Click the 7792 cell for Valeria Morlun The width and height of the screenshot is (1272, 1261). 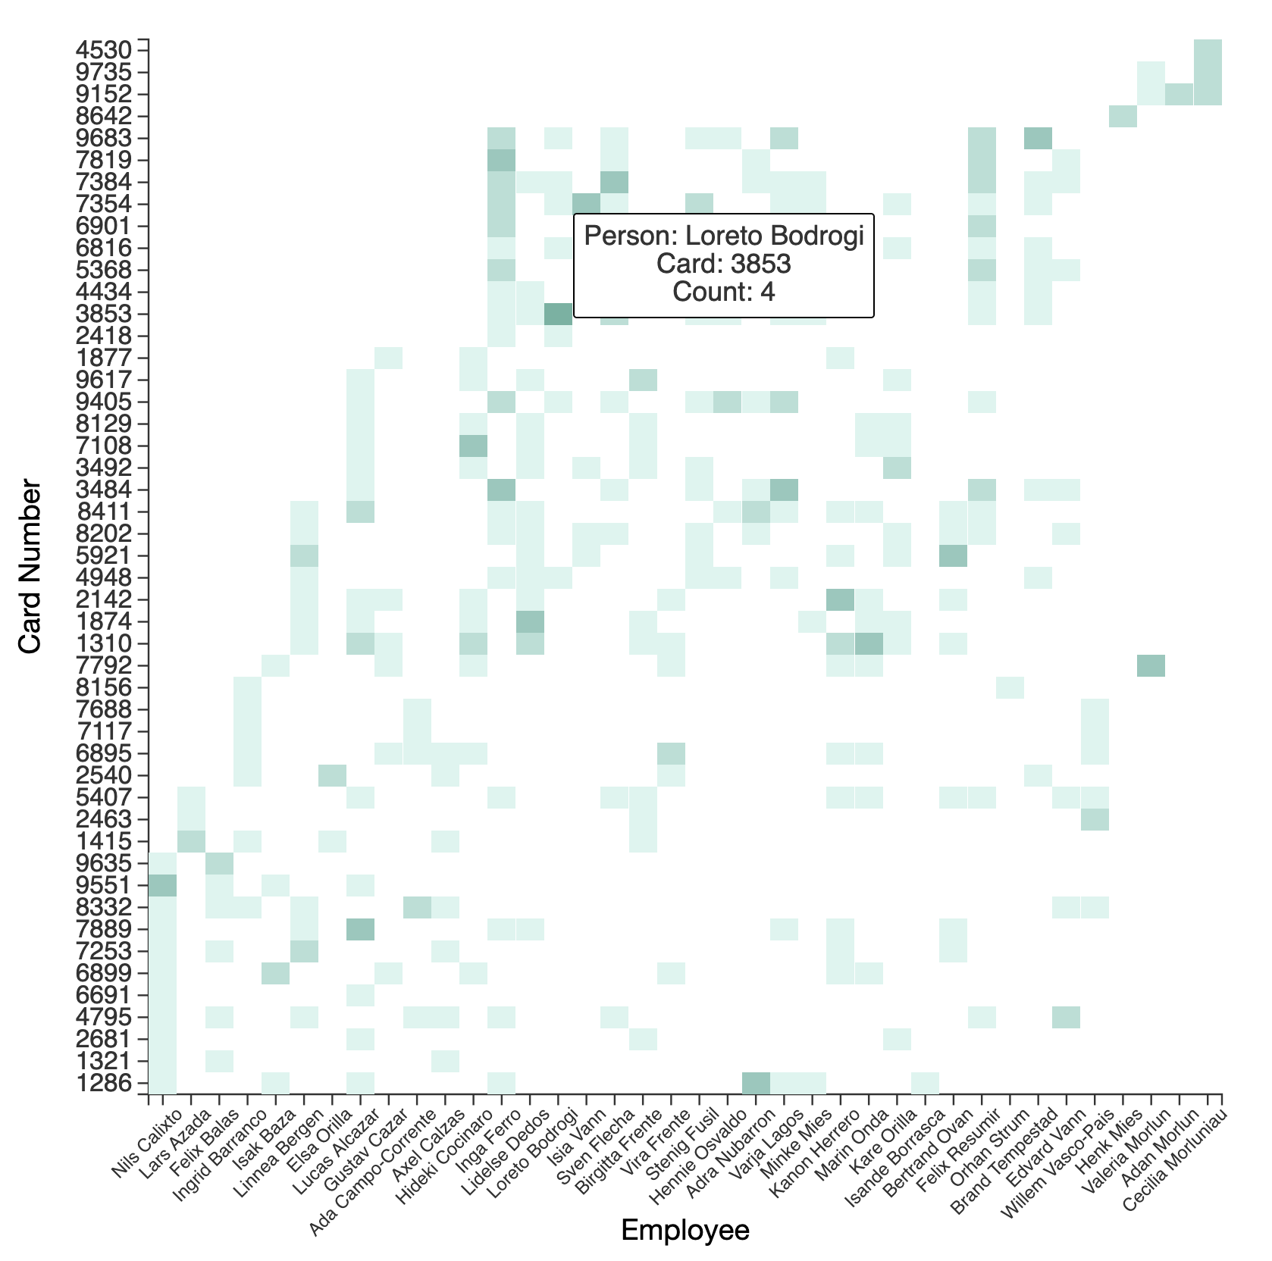pyautogui.click(x=1151, y=665)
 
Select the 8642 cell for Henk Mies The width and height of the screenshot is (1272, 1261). pyautogui.click(x=1123, y=116)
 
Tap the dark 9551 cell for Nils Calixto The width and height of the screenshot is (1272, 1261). pyautogui.click(x=162, y=885)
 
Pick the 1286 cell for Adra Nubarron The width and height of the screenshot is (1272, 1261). pyautogui.click(x=756, y=1083)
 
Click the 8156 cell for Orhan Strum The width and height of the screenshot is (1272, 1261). pyautogui.click(x=1010, y=687)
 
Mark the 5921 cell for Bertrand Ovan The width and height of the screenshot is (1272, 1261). pyautogui.click(x=954, y=555)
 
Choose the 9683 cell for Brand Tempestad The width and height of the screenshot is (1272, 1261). pyautogui.click(x=1038, y=138)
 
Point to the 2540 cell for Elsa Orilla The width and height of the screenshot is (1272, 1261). pyautogui.click(x=332, y=775)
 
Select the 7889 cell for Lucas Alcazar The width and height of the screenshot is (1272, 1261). pyautogui.click(x=360, y=929)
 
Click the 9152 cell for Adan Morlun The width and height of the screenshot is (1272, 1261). pyautogui.click(x=1179, y=94)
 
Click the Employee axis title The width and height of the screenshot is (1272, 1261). pyautogui.click(x=685, y=1231)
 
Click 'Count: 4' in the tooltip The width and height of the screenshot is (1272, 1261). pyautogui.click(x=723, y=292)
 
